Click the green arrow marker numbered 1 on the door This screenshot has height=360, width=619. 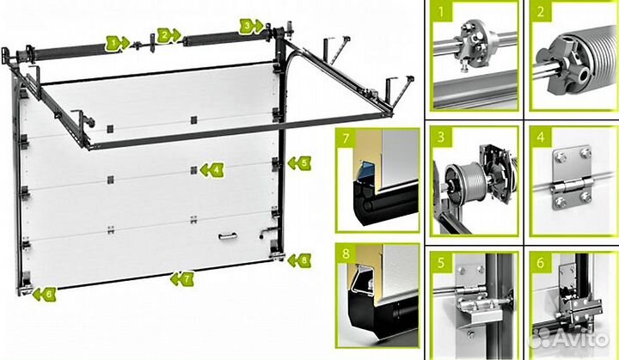pyautogui.click(x=117, y=43)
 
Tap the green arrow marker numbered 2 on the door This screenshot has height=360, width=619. pyautogui.click(x=169, y=35)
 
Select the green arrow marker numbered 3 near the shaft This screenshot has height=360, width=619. pyautogui.click(x=251, y=27)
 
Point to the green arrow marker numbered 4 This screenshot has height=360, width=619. pyautogui.click(x=212, y=170)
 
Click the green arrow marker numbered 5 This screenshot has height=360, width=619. pyautogui.click(x=299, y=163)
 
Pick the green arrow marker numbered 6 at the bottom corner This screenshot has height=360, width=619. pyautogui.click(x=44, y=294)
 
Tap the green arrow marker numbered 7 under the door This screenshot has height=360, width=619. pyautogui.click(x=182, y=279)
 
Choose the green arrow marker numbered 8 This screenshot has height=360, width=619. pyautogui.click(x=299, y=260)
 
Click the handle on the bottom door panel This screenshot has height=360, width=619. pyautogui.click(x=228, y=236)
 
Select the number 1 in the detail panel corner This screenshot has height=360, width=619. pyautogui.click(x=441, y=11)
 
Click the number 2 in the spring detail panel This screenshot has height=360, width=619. pyautogui.click(x=541, y=11)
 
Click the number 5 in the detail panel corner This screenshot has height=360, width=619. pyautogui.click(x=441, y=262)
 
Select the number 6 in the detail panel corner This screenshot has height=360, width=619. pyautogui.click(x=541, y=262)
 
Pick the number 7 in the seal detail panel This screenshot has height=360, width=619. pyautogui.click(x=346, y=138)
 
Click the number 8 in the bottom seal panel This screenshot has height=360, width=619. pyautogui.click(x=346, y=253)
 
